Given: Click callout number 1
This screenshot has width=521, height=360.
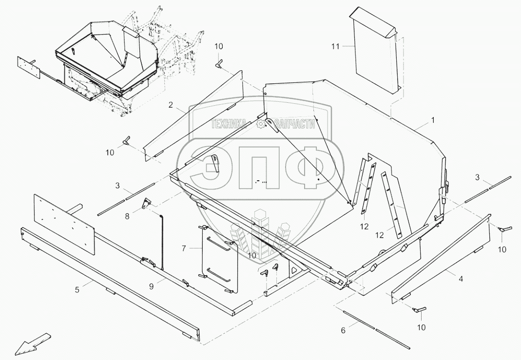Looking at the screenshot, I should [433, 119].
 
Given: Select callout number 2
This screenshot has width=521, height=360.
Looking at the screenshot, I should [171, 105].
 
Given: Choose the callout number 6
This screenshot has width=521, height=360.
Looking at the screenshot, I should [343, 330].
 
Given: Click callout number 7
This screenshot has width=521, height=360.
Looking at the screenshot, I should [184, 248].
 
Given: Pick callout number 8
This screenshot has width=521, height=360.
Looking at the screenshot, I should [127, 216].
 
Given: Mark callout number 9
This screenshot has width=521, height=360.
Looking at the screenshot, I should [151, 287].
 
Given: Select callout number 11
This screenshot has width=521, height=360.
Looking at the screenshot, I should [335, 46].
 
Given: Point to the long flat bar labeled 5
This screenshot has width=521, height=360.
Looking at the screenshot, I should [112, 283].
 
